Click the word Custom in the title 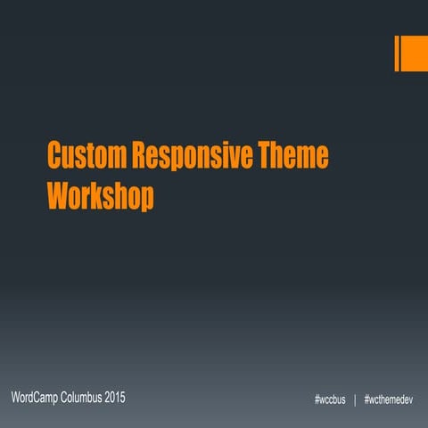(86, 155)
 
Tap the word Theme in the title (293, 155)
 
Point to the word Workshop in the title (100, 194)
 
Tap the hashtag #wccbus (330, 399)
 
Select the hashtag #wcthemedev (389, 399)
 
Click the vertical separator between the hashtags (355, 399)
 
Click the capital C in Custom (54, 155)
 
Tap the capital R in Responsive (139, 155)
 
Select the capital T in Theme (268, 155)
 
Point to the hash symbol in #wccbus (317, 399)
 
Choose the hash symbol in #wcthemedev (367, 399)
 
